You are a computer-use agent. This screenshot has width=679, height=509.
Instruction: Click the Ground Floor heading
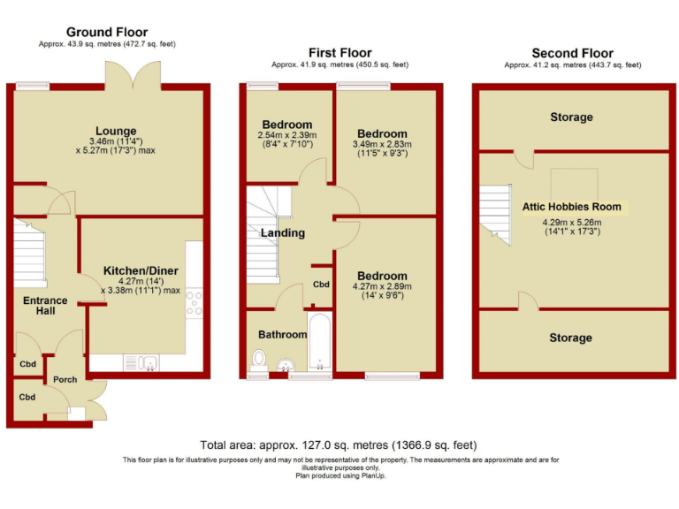click(106, 33)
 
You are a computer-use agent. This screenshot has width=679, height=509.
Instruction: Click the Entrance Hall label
click(45, 307)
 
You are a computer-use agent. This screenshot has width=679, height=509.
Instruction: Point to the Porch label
click(65, 379)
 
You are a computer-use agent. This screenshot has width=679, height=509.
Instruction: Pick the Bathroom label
click(282, 335)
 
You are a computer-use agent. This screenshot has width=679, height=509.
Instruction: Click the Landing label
click(282, 233)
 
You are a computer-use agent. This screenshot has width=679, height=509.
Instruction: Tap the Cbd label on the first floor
click(321, 285)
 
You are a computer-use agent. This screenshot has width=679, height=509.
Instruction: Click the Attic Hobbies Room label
click(571, 207)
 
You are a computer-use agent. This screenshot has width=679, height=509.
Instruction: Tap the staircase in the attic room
click(497, 217)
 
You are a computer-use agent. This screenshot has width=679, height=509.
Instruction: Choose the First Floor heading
click(339, 53)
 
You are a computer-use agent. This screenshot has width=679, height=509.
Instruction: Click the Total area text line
click(339, 445)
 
